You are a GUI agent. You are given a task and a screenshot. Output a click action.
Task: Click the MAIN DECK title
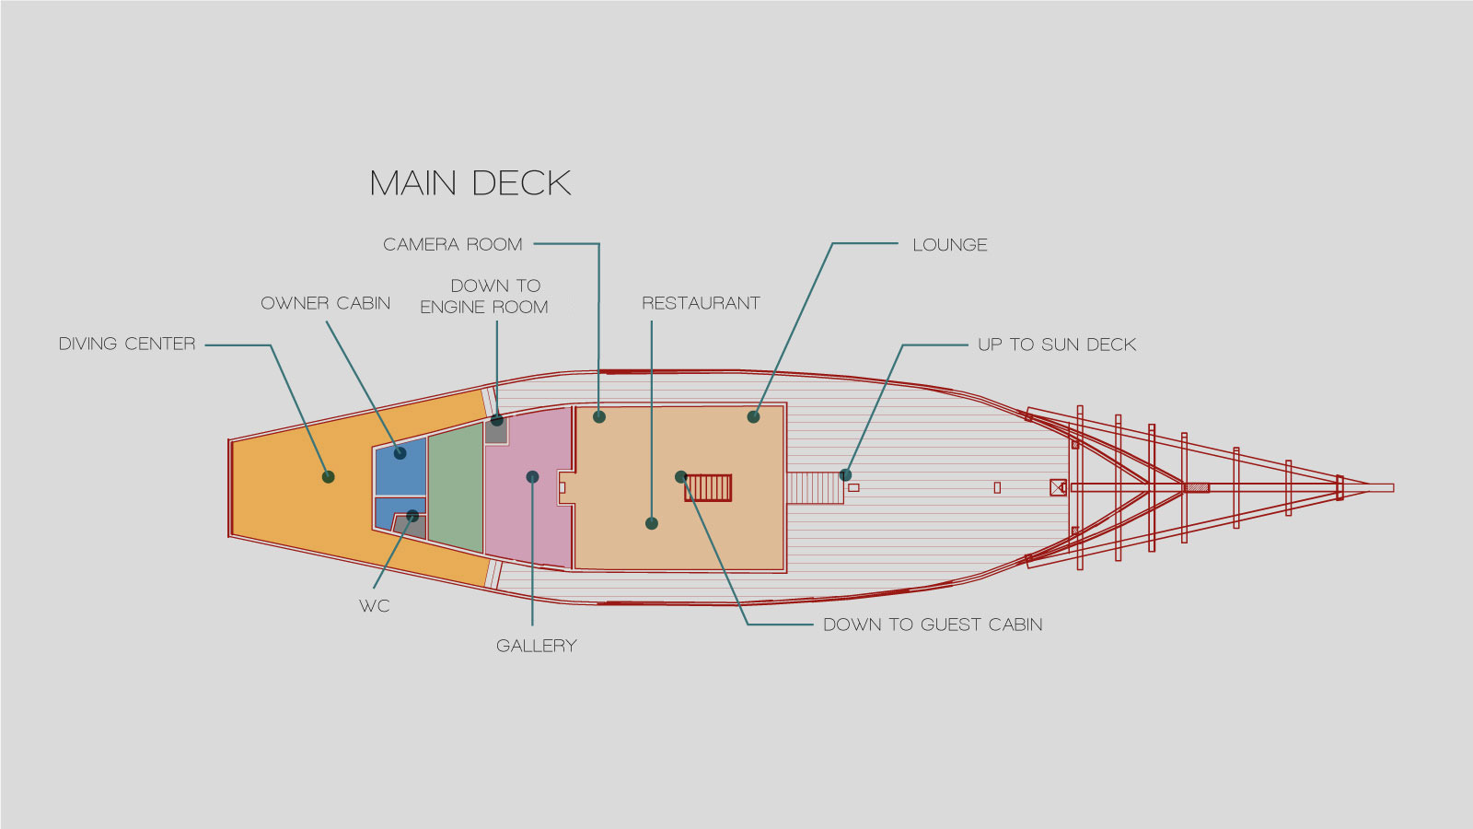[x=470, y=183]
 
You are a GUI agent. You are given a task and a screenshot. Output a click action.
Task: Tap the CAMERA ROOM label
[x=453, y=244]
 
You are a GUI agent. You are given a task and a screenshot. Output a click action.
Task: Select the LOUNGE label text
[x=950, y=245]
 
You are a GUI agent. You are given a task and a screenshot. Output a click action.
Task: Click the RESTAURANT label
[x=701, y=303]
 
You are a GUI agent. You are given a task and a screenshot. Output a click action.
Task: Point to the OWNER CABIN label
[x=326, y=303]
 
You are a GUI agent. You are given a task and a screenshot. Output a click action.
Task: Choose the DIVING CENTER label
[x=127, y=344]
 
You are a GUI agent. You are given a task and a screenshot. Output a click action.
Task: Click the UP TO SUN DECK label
[x=1057, y=344]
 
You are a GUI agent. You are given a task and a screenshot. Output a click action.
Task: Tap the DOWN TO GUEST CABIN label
[x=933, y=625]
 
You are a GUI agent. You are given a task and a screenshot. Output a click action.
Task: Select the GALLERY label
[x=537, y=646]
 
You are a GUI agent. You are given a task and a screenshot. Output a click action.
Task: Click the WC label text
[x=375, y=606]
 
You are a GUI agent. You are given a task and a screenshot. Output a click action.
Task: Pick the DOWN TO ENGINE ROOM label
[x=484, y=297]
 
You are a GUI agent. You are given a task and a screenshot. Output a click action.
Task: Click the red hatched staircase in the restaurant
[x=709, y=488]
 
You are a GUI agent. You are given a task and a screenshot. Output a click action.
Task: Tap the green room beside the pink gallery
[x=456, y=488]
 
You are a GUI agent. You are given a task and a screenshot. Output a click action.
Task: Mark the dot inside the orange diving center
[x=329, y=477]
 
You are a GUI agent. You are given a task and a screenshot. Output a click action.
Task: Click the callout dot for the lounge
[x=754, y=417]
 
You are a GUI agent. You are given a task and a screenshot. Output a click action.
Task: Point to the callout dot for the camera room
[x=599, y=417]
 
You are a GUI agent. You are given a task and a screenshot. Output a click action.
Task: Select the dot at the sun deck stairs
[x=845, y=475]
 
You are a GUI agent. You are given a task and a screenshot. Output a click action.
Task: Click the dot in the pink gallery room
[x=532, y=477]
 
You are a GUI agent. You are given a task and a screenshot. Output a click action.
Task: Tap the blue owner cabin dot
[x=400, y=453]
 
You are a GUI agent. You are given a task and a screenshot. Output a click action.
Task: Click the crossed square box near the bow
[x=1058, y=487]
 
